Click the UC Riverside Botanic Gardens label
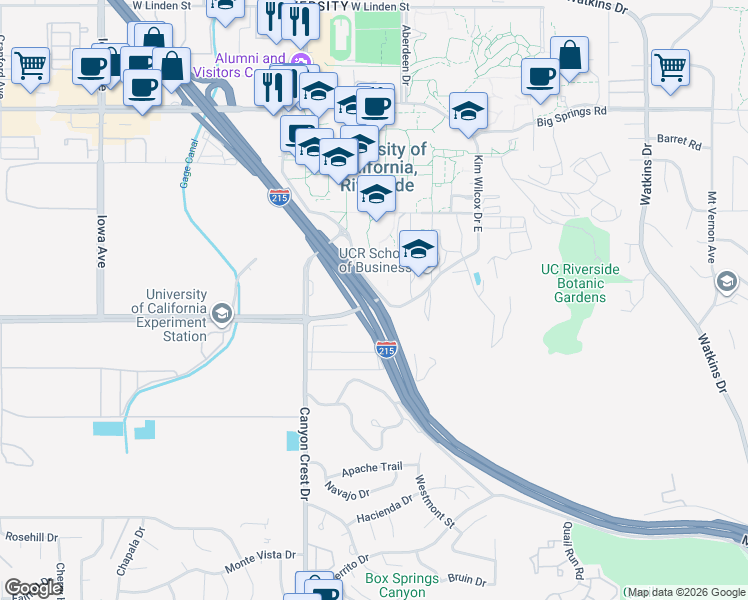[x=580, y=283]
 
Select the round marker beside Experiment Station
[x=221, y=315]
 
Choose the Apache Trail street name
[x=371, y=468]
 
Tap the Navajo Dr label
[x=348, y=490]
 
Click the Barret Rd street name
[x=681, y=143]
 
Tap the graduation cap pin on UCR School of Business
[x=418, y=247]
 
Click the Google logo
[x=33, y=588]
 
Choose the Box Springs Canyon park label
[x=402, y=586]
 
